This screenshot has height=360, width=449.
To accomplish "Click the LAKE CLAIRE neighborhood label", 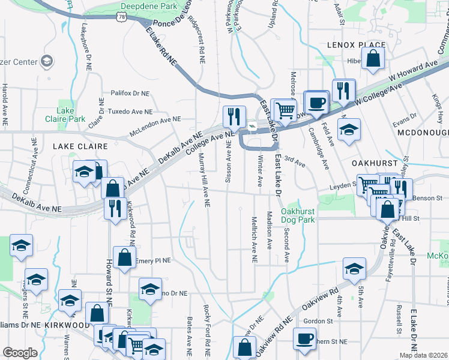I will tap(80, 146).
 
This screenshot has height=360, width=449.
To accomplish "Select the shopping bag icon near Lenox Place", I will tap(373, 59).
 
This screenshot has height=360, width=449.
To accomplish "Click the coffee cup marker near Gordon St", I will tap(304, 338).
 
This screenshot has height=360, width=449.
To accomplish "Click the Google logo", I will tap(20, 353).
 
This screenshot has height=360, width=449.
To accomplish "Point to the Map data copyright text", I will tap(423, 355).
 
